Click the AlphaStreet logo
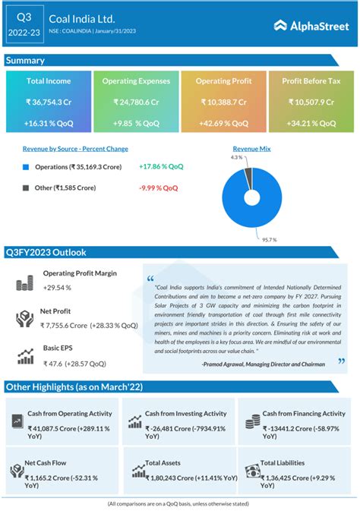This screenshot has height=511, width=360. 307,25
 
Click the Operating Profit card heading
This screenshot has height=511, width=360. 223,80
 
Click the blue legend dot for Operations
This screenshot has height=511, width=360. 27,166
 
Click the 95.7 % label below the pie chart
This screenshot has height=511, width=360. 270,239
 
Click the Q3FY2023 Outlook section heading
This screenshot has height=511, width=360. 46,252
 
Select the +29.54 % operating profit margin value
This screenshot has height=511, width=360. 57,288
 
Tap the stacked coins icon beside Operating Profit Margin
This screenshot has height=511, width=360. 25,283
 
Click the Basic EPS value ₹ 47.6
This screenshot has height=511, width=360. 53,364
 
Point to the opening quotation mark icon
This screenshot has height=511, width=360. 150,278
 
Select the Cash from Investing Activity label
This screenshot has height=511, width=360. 185,414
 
